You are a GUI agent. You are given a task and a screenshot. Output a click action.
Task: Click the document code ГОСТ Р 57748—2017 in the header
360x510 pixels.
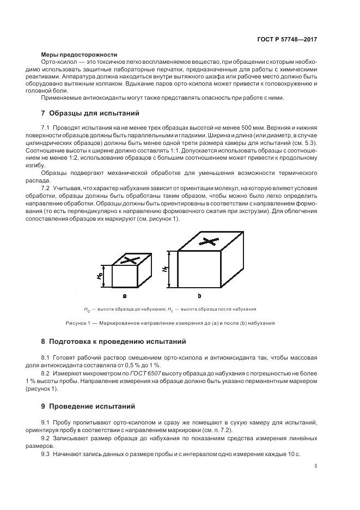tap(288, 40)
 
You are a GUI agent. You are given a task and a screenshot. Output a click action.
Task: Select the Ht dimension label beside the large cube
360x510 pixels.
tap(164, 269)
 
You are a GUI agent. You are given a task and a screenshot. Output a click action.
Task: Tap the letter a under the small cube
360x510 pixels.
tap(125, 296)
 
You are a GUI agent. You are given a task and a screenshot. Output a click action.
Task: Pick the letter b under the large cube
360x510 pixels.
tap(199, 296)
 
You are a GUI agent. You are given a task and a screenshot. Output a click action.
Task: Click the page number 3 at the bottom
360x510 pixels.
tap(315, 465)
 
